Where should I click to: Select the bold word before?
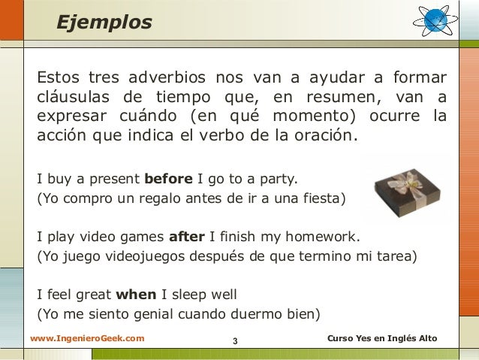(168, 179)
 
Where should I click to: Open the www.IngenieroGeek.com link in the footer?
(87, 340)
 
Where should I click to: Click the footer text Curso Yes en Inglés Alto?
(382, 340)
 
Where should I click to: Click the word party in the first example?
(277, 179)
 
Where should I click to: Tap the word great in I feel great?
(91, 295)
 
